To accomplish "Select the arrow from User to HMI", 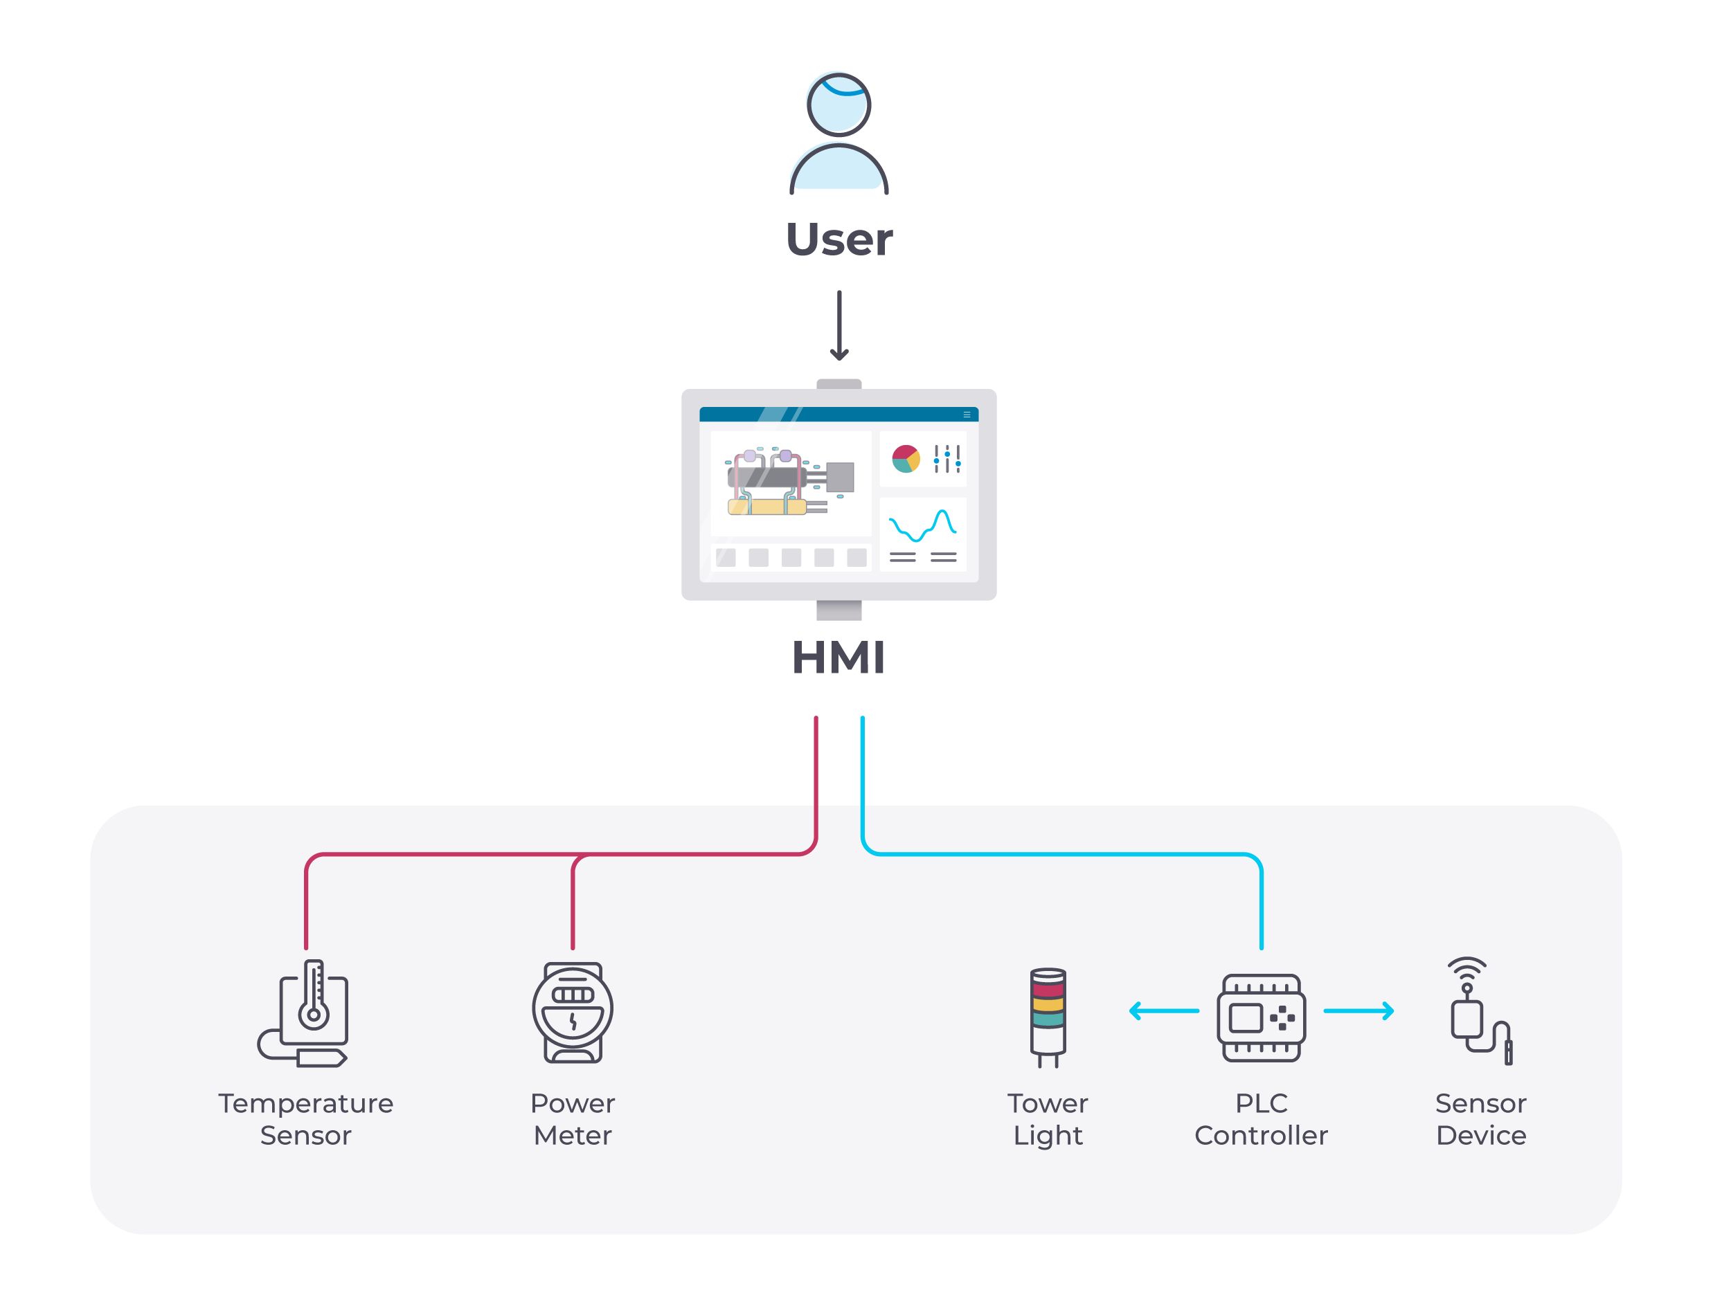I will (x=839, y=325).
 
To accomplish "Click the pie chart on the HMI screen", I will (x=906, y=459).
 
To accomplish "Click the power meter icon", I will (x=572, y=1013).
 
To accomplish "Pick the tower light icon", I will (x=1047, y=1017).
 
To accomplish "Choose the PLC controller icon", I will (x=1261, y=1017).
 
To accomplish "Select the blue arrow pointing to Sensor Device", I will (x=1358, y=1010).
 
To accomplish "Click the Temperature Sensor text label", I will (x=305, y=1118).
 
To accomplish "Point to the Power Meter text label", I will (x=572, y=1118).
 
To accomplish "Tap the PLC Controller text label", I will (x=1261, y=1118).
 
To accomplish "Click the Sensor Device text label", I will (x=1480, y=1118).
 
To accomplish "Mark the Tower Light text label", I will (x=1047, y=1118).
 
